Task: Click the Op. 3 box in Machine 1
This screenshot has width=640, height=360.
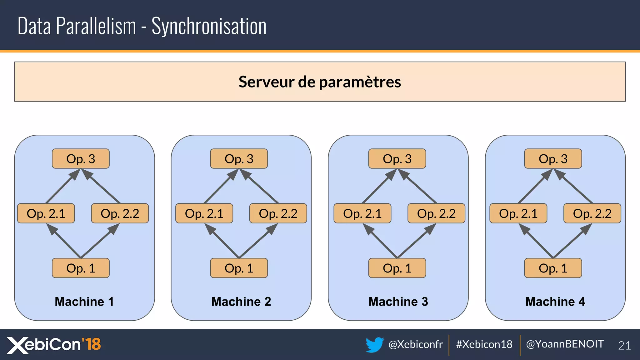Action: coord(81,159)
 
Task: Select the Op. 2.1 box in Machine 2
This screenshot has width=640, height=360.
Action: coord(204,213)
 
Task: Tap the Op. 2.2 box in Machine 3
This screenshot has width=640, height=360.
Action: coord(436,213)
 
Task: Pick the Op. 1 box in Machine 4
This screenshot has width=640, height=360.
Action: coord(553,268)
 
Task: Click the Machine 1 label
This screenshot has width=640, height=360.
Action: coord(84,302)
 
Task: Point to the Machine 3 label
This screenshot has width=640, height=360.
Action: coord(398,302)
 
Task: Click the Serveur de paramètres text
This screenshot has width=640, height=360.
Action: coord(320,82)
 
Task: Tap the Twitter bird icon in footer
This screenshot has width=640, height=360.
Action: coord(374,344)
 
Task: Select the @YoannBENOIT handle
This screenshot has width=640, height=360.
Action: coord(565,344)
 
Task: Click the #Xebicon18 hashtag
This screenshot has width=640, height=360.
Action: coord(484,344)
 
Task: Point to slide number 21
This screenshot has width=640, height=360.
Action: coord(624,346)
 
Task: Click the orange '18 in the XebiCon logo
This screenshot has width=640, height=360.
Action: coord(92,344)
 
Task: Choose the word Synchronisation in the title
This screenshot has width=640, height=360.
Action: coord(209,26)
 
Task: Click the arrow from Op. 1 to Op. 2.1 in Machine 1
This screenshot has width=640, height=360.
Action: coord(64,241)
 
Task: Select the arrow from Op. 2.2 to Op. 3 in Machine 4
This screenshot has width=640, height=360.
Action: coord(574,187)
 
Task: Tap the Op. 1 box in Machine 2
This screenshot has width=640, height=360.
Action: coord(239,268)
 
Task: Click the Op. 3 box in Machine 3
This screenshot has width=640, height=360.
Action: coord(397,159)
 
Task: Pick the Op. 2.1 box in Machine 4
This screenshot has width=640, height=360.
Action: coord(518,213)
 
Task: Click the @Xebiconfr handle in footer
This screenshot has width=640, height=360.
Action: coord(415,344)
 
